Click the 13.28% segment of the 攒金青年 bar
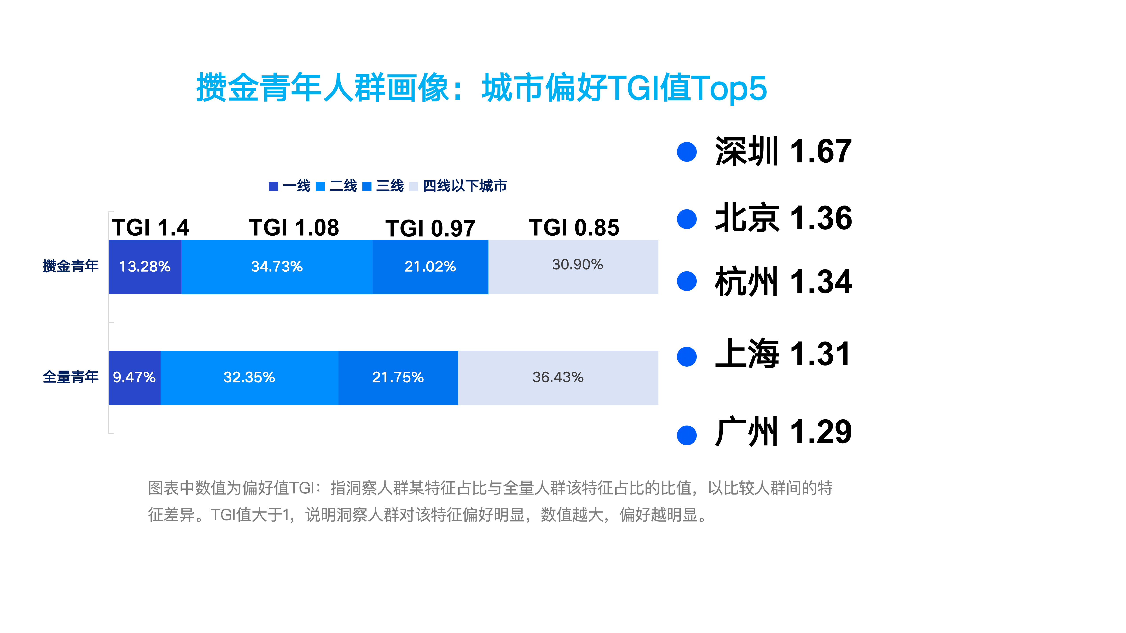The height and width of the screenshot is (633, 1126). tap(145, 267)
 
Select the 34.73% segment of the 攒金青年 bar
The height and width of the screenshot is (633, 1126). tap(277, 267)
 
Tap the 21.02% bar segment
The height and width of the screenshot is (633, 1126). tap(430, 267)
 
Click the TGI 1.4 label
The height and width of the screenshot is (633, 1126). tap(150, 228)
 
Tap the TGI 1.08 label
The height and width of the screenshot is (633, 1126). tap(294, 228)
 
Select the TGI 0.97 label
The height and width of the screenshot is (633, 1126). tap(430, 229)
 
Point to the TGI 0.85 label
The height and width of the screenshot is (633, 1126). tap(574, 228)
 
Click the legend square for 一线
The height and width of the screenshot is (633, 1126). tap(274, 187)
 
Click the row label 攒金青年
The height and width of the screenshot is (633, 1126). tap(70, 266)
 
